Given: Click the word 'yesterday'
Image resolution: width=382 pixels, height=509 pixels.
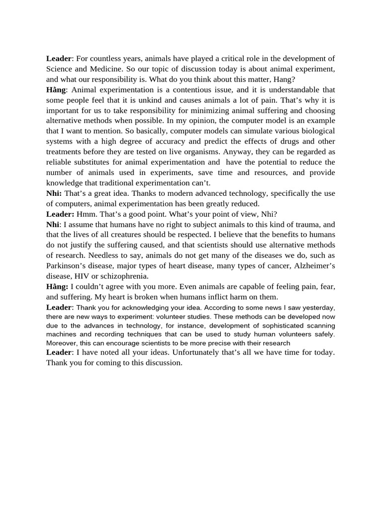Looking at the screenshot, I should [x=317, y=308].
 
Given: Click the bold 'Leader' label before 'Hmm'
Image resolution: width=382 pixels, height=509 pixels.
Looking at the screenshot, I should [x=60, y=214].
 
